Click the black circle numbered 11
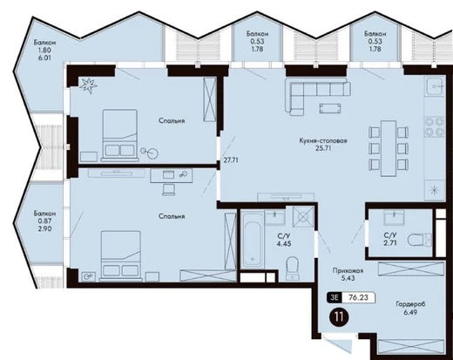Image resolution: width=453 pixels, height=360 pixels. [x=339, y=316]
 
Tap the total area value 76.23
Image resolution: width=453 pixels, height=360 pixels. [x=358, y=297]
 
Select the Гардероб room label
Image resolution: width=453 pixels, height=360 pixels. [x=410, y=304]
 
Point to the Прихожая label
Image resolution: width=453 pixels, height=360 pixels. [x=348, y=270]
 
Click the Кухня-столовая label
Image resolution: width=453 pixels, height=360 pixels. [x=323, y=140]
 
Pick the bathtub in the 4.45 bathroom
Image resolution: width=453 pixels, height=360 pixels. [x=253, y=241]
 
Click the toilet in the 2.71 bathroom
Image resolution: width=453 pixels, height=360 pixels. [x=419, y=241]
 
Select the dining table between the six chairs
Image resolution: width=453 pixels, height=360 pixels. [x=389, y=149]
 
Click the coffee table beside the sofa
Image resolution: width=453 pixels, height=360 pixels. [x=330, y=108]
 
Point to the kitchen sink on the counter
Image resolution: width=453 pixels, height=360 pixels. [x=435, y=86]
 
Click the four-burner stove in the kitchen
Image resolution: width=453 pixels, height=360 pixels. [x=435, y=126]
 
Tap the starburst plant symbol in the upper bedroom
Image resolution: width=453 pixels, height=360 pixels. [x=88, y=85]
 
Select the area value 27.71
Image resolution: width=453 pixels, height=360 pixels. [x=231, y=160]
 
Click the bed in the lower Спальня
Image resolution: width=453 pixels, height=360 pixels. [x=121, y=256]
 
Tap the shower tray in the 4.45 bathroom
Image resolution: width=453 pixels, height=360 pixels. [x=303, y=216]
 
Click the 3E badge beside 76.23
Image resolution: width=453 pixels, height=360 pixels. [x=334, y=297]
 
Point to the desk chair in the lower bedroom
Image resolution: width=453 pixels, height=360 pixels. [x=169, y=189]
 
